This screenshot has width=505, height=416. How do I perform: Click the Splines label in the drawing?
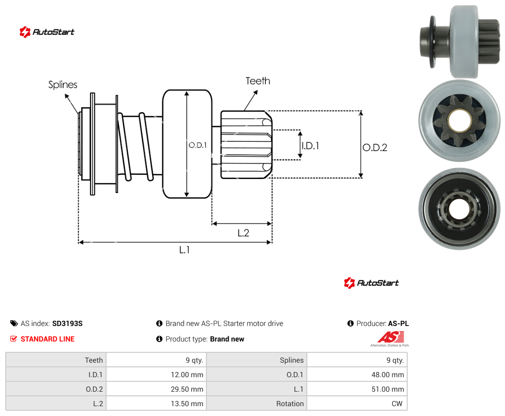tap(63, 85)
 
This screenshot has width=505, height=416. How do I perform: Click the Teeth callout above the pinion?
tap(258, 81)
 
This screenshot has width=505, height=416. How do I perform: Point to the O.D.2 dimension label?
tap(375, 147)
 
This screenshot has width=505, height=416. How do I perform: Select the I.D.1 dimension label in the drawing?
tap(310, 146)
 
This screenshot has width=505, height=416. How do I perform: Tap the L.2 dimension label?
tap(243, 233)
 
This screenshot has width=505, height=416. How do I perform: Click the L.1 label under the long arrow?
tap(184, 249)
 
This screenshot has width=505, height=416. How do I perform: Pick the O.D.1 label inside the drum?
tap(198, 145)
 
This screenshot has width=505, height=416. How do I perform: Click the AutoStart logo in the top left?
tap(47, 32)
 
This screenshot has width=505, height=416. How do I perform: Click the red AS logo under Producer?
tap(391, 339)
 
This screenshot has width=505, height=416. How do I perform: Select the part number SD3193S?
tap(67, 323)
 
